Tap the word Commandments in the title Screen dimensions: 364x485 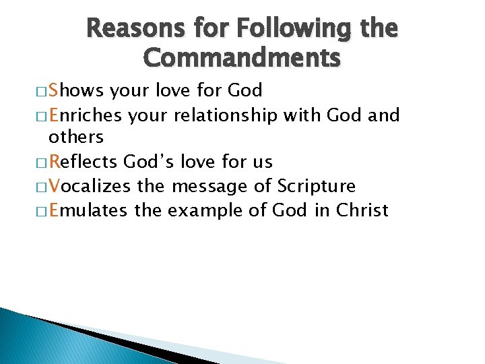(243, 59)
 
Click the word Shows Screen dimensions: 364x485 (76, 90)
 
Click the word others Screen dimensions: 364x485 (76, 137)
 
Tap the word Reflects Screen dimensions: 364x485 (84, 162)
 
